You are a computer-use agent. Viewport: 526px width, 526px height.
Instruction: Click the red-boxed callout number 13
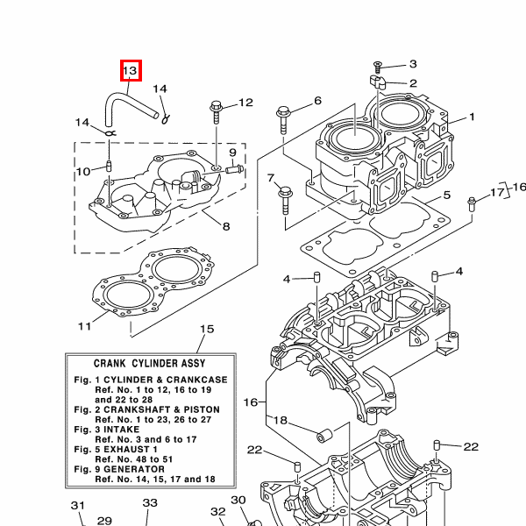pos(131,70)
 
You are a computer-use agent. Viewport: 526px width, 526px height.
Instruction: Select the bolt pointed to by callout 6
pos(283,120)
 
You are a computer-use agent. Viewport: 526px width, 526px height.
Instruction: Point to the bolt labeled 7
pos(285,200)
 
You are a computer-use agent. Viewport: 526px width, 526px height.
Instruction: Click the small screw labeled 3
pos(378,68)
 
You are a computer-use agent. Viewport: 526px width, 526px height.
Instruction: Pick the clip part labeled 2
pos(377,82)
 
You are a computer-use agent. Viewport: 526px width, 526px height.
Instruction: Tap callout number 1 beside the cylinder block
pos(472,117)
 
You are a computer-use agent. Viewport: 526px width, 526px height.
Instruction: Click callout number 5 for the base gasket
pos(446,195)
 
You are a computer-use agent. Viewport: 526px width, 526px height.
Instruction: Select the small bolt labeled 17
pos(472,204)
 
